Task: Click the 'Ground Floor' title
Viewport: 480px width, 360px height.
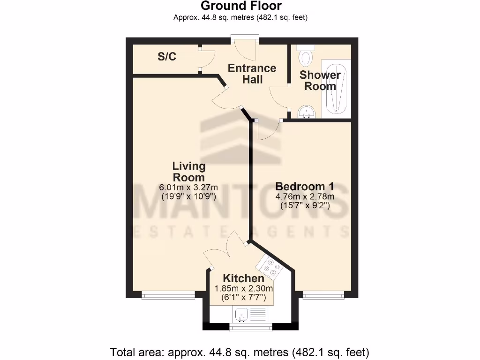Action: coord(241,6)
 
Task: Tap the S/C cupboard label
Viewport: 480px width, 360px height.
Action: coord(167,57)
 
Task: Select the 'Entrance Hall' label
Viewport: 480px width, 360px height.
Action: coord(252,74)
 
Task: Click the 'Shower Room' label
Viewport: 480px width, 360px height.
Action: coord(320,80)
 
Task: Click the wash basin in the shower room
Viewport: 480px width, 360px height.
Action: coord(307,111)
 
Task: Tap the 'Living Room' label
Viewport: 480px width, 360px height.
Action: coord(189,172)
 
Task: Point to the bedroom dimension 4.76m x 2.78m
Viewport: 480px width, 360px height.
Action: coord(304,196)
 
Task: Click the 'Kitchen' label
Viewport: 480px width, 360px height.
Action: coord(243,278)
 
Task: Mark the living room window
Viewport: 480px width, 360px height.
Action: coord(168,295)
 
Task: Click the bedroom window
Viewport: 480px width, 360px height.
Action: coord(323,295)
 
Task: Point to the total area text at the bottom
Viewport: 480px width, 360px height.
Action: coord(240,351)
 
